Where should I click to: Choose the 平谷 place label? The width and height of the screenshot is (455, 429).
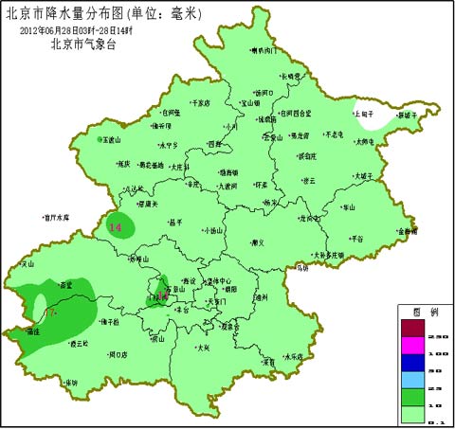[356, 239]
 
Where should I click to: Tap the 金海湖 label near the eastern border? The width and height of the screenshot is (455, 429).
[407, 231]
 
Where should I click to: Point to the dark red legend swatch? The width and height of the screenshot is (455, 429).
[413, 328]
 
